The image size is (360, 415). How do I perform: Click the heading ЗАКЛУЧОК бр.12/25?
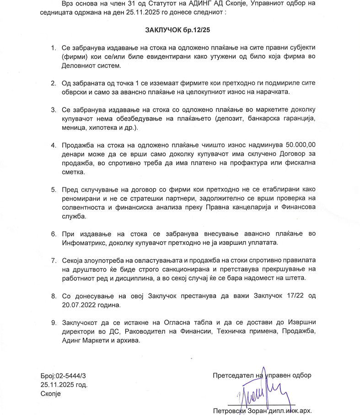pyautogui.click(x=180, y=30)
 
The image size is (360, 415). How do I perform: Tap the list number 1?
pyautogui.click(x=53, y=48)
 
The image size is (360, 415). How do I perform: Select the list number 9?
pyautogui.click(x=53, y=323)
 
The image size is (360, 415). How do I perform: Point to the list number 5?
pyautogui.click(x=53, y=189)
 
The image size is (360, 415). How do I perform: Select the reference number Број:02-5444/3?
pyautogui.click(x=63, y=376)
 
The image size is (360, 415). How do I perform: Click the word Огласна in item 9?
pyautogui.click(x=160, y=323)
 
